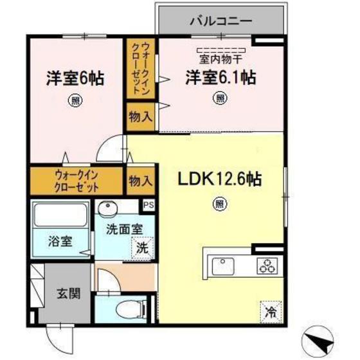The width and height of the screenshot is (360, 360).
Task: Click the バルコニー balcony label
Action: (x=221, y=21)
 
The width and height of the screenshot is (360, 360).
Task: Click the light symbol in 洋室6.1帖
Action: (x=221, y=98)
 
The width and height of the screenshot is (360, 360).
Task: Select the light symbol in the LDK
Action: (x=220, y=204)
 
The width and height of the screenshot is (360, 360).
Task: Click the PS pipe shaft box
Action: (x=148, y=206)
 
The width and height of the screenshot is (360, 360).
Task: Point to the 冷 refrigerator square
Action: (x=271, y=312)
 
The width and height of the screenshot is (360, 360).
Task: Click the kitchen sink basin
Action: (x=224, y=264)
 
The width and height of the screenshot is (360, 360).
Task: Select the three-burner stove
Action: (x=266, y=264)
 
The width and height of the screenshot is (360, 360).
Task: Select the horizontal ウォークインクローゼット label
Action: (x=76, y=181)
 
